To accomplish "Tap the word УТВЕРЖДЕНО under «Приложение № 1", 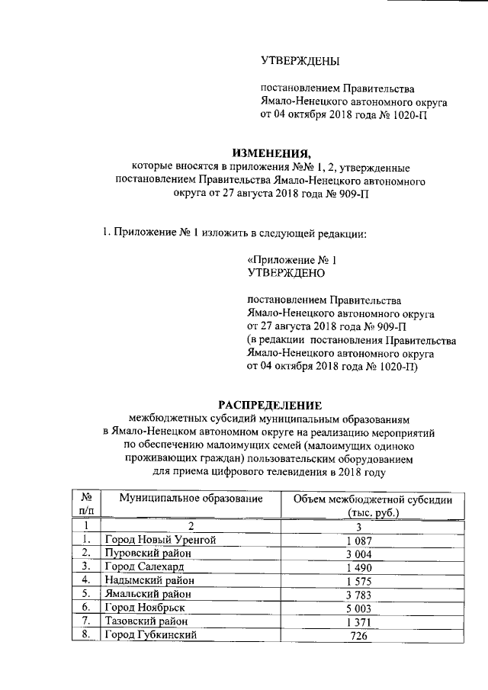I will point(287,271).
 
